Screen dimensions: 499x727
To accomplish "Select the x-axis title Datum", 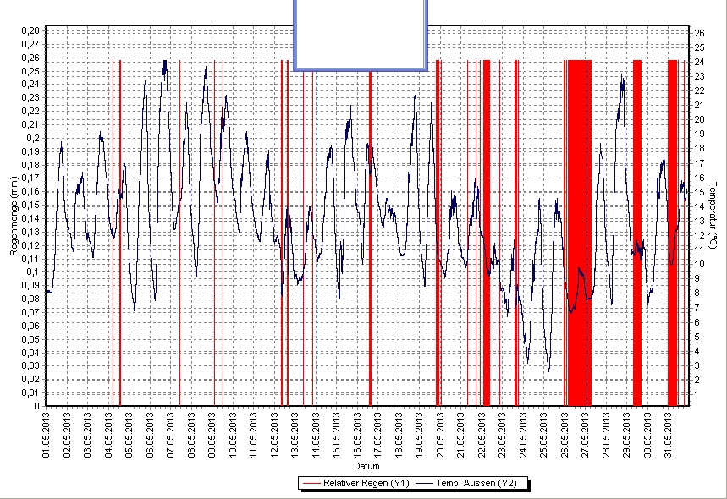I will click(x=366, y=466).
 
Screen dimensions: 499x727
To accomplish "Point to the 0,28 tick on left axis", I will click(x=30, y=30).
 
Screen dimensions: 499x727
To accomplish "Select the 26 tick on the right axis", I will click(x=700, y=32).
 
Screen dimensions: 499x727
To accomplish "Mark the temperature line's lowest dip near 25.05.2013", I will click(x=548, y=370).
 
